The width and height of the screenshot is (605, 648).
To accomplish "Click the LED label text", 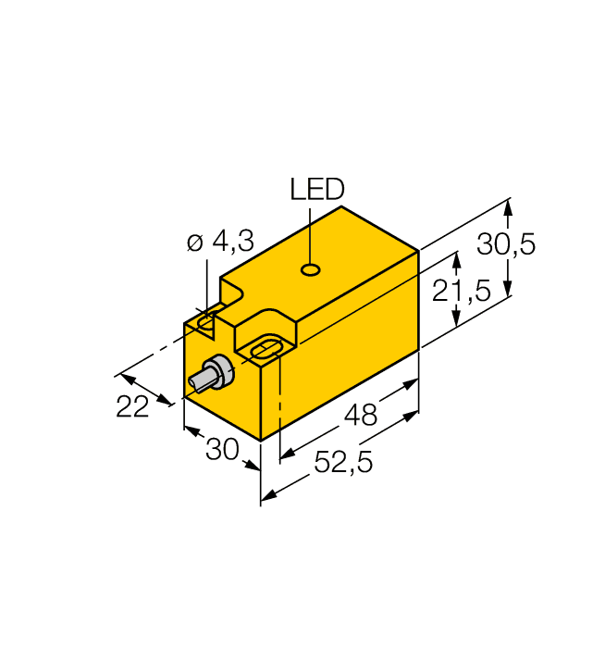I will tap(316, 190).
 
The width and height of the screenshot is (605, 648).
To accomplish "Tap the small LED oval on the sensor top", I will tap(312, 270).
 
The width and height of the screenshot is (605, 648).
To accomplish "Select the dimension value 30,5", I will tap(506, 245).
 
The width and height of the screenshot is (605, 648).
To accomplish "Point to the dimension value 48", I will tap(360, 416).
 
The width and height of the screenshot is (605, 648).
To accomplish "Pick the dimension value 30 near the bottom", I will tap(222, 450).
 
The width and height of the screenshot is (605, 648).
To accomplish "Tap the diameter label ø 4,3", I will tap(219, 243).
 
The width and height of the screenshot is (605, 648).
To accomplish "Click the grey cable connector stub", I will tap(209, 375).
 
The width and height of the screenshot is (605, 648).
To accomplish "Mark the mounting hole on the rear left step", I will tap(206, 320).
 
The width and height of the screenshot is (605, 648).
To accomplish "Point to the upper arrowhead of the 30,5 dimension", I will tap(508, 209).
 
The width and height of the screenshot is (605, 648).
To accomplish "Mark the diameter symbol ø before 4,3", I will tap(193, 243).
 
